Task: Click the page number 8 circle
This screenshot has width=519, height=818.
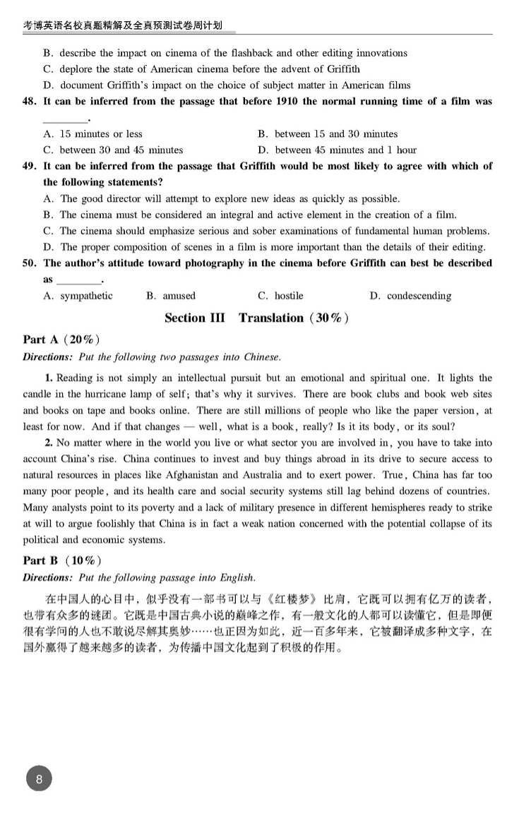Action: [40, 780]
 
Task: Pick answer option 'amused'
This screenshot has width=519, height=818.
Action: [179, 296]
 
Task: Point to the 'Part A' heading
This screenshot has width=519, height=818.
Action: [41, 340]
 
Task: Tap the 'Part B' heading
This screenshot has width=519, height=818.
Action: [41, 561]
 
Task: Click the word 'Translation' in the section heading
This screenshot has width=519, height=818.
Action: [270, 318]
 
